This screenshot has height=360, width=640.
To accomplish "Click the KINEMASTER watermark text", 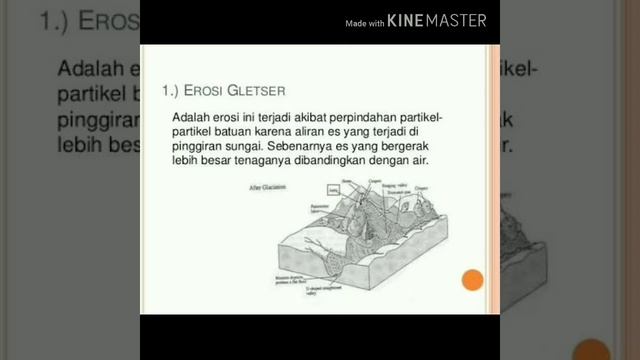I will [x=436, y=21].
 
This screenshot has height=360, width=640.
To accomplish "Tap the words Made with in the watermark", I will [x=364, y=22].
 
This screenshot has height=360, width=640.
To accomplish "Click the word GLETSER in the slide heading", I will [x=233, y=91].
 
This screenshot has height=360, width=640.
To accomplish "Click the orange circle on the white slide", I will [x=472, y=280].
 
